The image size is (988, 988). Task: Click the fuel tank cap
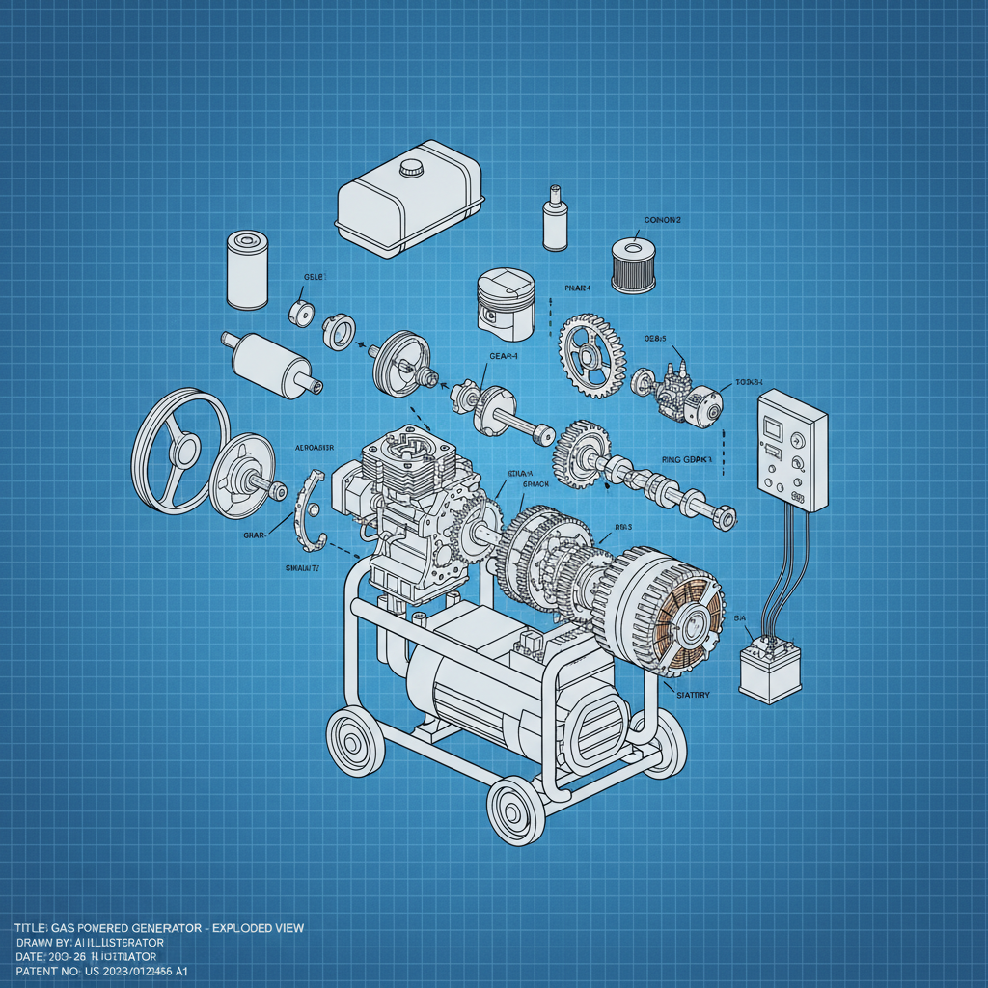[412, 166]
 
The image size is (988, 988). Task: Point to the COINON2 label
[662, 220]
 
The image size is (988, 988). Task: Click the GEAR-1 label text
[504, 357]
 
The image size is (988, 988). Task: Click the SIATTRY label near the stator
[689, 694]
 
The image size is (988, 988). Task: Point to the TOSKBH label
[748, 383]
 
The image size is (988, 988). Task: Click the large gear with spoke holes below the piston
[591, 353]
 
